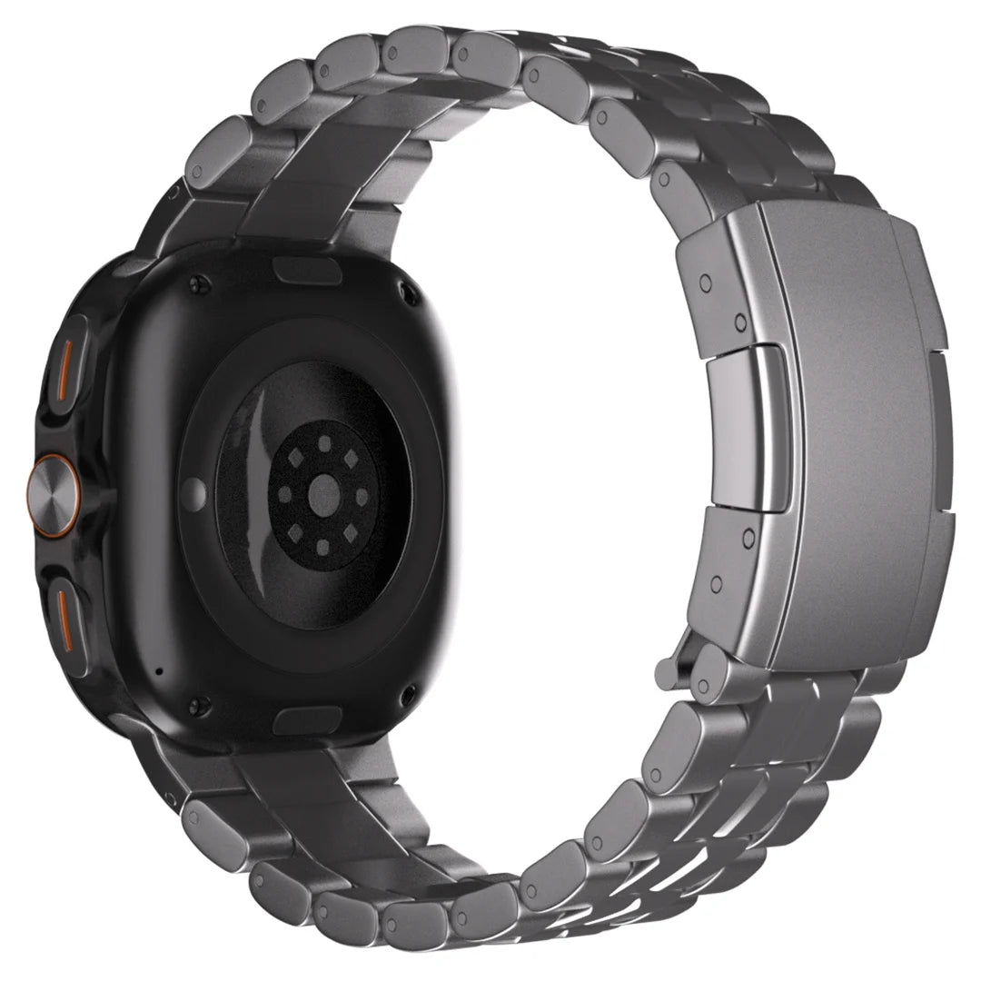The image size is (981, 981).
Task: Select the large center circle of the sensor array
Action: (324, 494)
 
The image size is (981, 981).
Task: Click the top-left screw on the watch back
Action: (198, 284)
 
